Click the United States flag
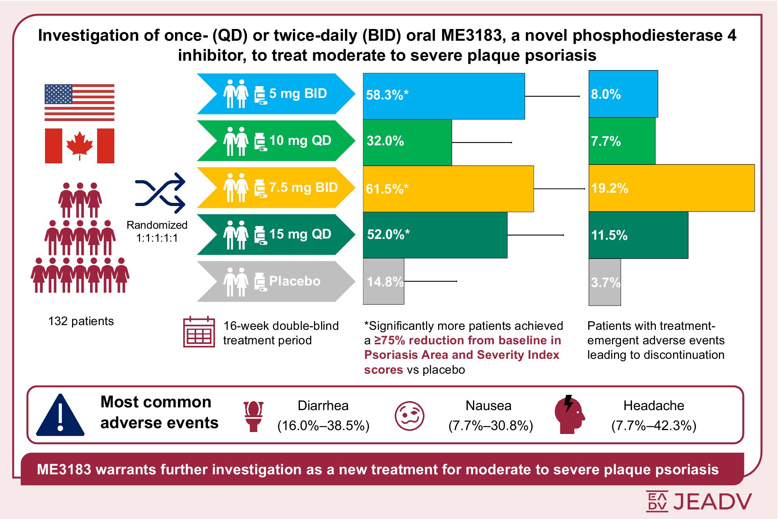(x=79, y=102)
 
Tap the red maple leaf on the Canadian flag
(x=79, y=145)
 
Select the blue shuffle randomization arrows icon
(x=160, y=193)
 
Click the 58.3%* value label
(x=387, y=95)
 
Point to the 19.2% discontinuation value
(x=610, y=188)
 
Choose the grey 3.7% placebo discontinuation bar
(x=605, y=282)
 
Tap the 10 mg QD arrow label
(x=300, y=141)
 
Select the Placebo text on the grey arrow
(x=294, y=281)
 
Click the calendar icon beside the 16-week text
(x=199, y=332)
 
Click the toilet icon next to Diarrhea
(x=253, y=416)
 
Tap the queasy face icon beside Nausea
(x=409, y=416)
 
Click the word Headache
(x=654, y=405)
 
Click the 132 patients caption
(x=81, y=321)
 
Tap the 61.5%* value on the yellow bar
(x=387, y=189)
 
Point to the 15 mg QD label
(x=300, y=234)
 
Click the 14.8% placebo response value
(x=385, y=282)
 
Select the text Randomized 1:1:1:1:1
(x=157, y=231)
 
